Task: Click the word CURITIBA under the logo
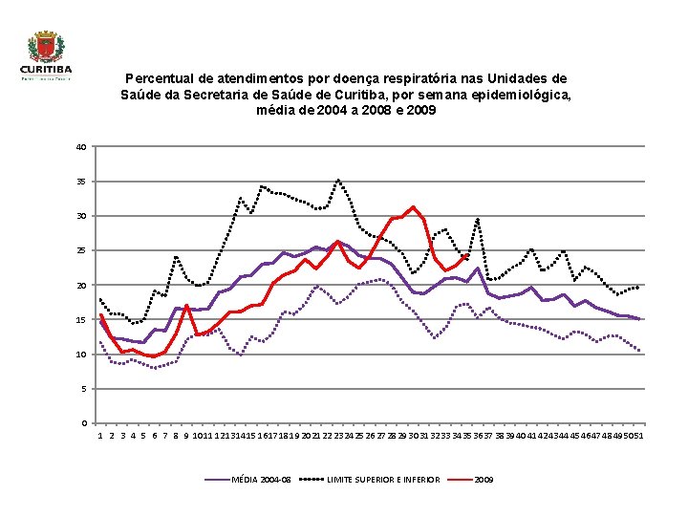pos(45,69)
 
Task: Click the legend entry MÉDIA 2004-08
pos(262,478)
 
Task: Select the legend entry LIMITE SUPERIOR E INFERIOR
pos(383,478)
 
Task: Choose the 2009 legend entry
pos(484,478)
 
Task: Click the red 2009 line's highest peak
pos(413,206)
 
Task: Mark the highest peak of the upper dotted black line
pos(337,179)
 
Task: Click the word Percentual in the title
pos(161,78)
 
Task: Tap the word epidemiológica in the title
pos(528,95)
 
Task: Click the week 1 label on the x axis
pos(100,436)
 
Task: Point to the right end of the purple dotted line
pos(638,351)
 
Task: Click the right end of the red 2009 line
pos(466,256)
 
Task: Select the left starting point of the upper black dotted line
pos(100,299)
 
